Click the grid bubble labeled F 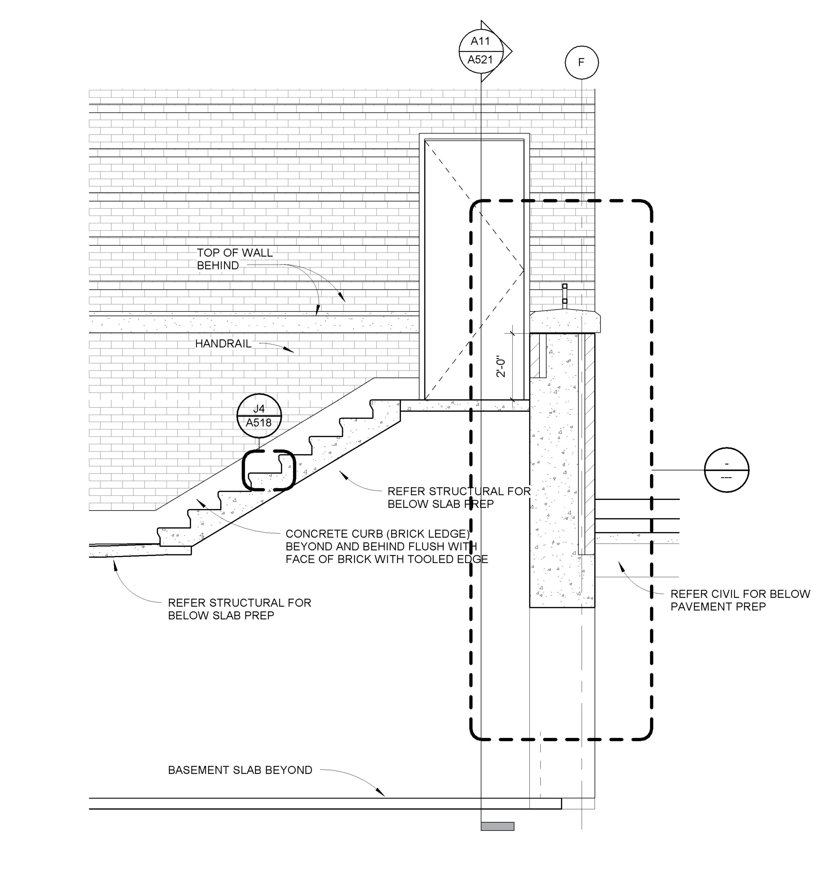click(x=581, y=63)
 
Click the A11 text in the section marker click(x=480, y=42)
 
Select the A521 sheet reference click(x=480, y=59)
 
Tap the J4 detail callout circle click(x=259, y=416)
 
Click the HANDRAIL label click(x=223, y=344)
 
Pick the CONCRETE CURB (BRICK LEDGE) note click(x=387, y=546)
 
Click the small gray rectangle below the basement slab click(x=497, y=826)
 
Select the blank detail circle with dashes click(x=726, y=470)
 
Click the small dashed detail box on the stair click(x=269, y=470)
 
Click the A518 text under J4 click(x=259, y=422)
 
